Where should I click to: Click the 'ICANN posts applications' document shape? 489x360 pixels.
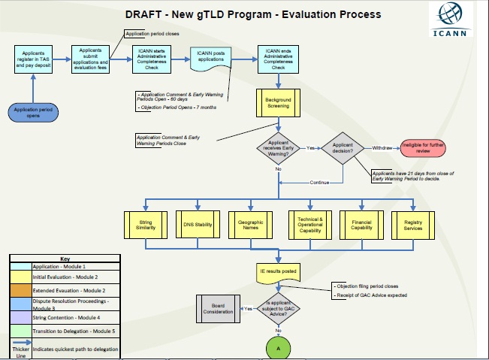pos(211,58)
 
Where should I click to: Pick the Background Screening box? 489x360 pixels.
pos(278,103)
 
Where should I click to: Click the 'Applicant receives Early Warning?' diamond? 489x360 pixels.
pos(278,148)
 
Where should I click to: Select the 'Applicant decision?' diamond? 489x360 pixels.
pos(342,148)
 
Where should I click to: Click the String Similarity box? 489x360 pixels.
pos(146,223)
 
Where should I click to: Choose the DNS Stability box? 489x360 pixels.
pos(198,223)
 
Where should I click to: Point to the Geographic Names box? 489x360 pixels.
pos(252,223)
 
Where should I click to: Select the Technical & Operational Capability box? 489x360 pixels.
pos(310,223)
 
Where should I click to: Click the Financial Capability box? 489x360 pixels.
pos(362,223)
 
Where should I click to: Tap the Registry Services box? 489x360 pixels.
pos(414,223)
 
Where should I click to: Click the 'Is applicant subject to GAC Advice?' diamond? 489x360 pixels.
pos(278,308)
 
